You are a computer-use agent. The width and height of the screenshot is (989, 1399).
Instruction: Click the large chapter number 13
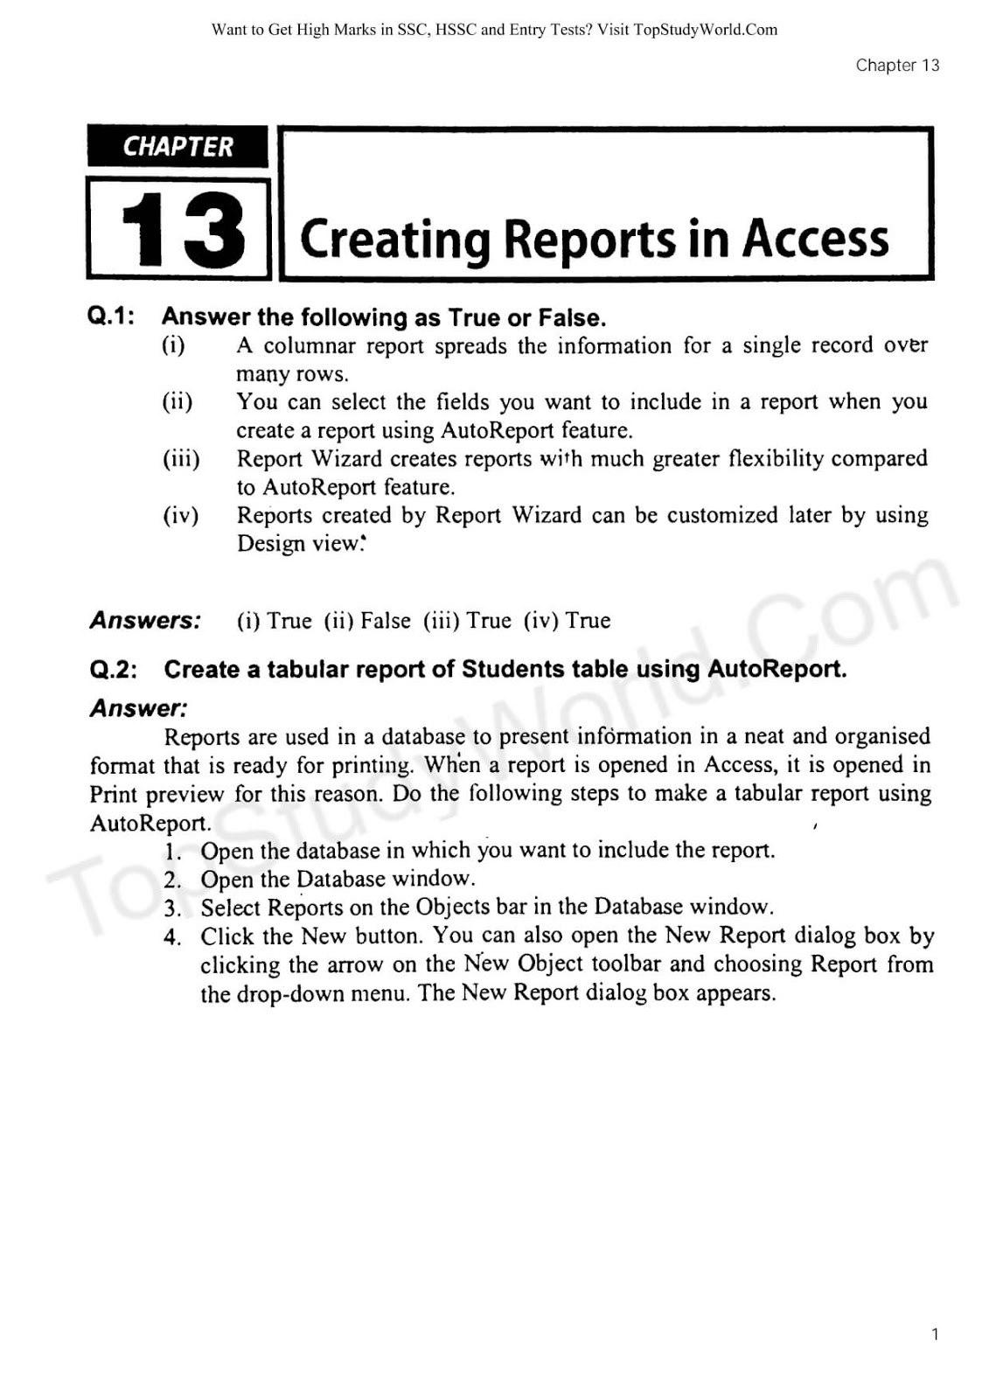coord(182,230)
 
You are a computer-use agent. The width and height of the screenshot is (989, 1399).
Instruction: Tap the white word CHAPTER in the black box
coord(178,147)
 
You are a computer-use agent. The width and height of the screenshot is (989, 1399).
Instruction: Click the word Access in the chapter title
coord(815,239)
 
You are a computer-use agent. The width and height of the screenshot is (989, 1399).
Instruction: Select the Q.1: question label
coord(111,317)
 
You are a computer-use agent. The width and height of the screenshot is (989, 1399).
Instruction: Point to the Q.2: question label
coord(114,670)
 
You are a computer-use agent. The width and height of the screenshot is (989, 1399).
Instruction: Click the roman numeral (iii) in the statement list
coord(181,459)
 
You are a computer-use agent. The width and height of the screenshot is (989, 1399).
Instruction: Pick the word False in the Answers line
coord(386,621)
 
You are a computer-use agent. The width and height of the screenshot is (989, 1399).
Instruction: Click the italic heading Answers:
coord(145,621)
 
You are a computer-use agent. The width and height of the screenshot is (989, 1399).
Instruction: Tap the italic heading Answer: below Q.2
coord(138,708)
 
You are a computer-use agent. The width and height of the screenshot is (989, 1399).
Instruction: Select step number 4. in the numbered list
coord(172,937)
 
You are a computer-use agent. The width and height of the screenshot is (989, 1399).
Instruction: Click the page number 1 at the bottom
coord(935,1334)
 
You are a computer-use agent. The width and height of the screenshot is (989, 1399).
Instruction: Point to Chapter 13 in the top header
coord(897,66)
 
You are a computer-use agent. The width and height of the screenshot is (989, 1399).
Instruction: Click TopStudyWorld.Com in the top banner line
coord(705,30)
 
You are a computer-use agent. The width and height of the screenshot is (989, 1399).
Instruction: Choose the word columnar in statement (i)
coord(310,346)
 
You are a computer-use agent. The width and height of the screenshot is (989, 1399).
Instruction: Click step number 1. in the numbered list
coord(172,852)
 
